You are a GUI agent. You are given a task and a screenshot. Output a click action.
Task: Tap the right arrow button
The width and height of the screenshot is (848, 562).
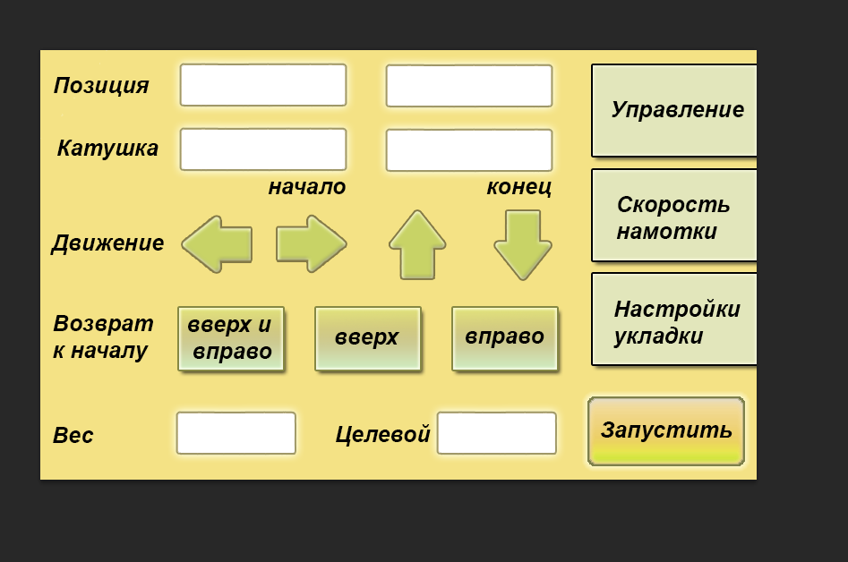311,243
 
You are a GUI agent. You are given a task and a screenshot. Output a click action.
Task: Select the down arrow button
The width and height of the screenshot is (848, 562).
523,244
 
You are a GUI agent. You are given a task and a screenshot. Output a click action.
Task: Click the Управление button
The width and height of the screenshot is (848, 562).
674,110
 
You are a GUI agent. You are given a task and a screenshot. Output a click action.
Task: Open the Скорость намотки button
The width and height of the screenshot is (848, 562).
674,216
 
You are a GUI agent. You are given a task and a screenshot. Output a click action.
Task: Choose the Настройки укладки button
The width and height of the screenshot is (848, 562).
674,319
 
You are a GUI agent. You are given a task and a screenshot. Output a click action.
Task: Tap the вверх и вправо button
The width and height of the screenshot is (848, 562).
231,338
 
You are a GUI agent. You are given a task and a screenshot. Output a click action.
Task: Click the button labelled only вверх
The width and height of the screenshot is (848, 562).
367,338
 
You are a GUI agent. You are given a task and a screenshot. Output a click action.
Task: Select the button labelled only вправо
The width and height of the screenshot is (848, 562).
504,338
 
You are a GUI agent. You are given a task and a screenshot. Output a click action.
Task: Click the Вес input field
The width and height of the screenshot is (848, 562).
236,433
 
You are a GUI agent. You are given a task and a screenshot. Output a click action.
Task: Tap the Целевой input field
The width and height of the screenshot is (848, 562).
496,433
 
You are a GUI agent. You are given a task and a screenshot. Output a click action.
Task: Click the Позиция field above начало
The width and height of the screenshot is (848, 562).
262,85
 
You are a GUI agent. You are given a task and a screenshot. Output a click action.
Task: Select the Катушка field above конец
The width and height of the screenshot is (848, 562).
468,149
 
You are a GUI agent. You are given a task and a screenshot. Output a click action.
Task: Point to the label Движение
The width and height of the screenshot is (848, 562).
107,243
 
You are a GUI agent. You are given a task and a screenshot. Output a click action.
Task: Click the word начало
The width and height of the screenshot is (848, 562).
307,187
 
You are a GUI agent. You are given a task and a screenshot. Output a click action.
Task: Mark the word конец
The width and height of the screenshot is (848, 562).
518,187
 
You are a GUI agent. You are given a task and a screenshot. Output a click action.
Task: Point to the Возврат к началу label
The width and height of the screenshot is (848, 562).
102,336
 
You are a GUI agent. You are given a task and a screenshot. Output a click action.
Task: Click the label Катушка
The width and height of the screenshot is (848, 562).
107,149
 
